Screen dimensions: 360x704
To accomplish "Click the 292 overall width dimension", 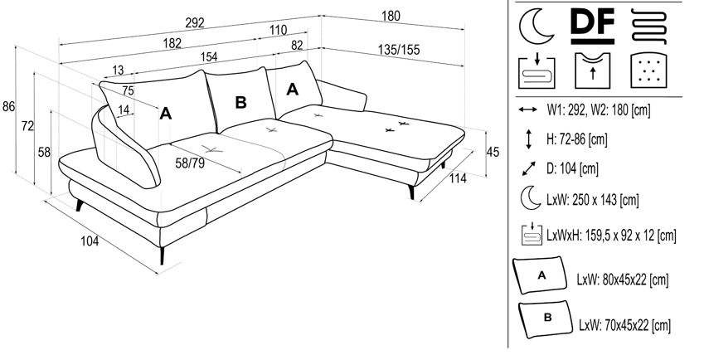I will [196, 24].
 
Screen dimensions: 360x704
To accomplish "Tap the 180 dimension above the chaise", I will [391, 16].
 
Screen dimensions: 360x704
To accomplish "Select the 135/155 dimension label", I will [398, 51].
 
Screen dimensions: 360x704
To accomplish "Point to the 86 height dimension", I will [9, 106].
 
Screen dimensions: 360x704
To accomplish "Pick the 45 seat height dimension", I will [492, 152].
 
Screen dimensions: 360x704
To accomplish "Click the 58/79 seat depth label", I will [190, 162].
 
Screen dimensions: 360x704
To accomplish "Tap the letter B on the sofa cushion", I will [240, 102].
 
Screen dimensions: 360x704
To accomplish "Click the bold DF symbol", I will [593, 26].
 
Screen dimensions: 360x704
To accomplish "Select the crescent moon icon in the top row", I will [536, 27].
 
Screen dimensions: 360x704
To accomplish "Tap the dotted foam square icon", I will [648, 71].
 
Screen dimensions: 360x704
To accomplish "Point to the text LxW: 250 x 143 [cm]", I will [593, 200].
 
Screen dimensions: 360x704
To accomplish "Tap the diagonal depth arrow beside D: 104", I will [528, 168].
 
